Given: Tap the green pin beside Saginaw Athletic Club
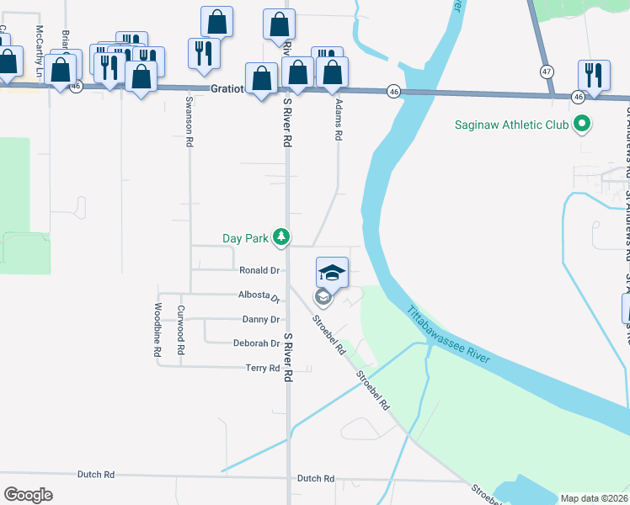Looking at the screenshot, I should click(580, 125).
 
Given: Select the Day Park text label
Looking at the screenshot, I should click(244, 238).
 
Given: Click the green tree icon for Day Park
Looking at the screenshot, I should click(281, 238).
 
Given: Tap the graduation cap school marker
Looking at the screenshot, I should click(332, 273).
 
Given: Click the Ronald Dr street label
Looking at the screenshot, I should click(259, 270).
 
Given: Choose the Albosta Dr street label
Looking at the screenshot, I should click(259, 295).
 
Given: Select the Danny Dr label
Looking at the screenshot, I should click(260, 320).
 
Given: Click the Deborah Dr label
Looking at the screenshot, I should click(256, 343).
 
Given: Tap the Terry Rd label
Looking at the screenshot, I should click(262, 368).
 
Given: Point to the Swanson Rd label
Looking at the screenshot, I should click(189, 125).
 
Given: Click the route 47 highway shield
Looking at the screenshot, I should click(547, 72).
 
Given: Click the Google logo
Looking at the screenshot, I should click(28, 494).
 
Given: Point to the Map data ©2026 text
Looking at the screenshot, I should click(593, 498).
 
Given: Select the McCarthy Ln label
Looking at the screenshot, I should click(39, 49).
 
